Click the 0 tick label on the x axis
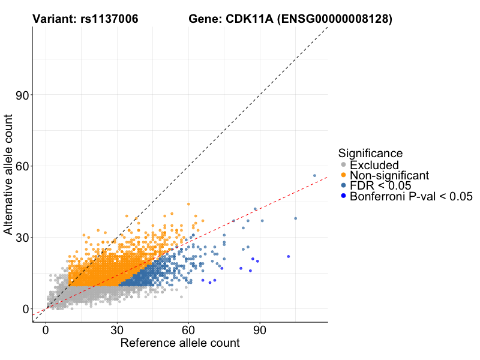pos(46,331)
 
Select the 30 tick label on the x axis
pos(117,331)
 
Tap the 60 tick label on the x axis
pos(188,331)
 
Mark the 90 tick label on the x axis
pos(260,331)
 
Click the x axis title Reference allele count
pos(180,344)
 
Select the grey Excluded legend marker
pos(343,165)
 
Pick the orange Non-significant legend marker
pos(343,175)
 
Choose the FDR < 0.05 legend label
pos(379,185)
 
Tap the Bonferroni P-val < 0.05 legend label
pos(412,196)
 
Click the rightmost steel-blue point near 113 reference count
pos(314,176)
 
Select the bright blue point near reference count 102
pos(289,256)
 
